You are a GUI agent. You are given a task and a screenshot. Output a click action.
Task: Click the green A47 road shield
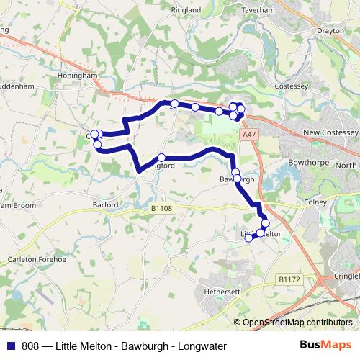tap(249, 134)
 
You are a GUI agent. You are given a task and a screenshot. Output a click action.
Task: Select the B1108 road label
tap(162, 209)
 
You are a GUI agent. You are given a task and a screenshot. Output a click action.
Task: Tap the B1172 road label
tap(289, 279)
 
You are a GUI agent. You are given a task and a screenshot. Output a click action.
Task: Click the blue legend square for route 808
tap(11, 346)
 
